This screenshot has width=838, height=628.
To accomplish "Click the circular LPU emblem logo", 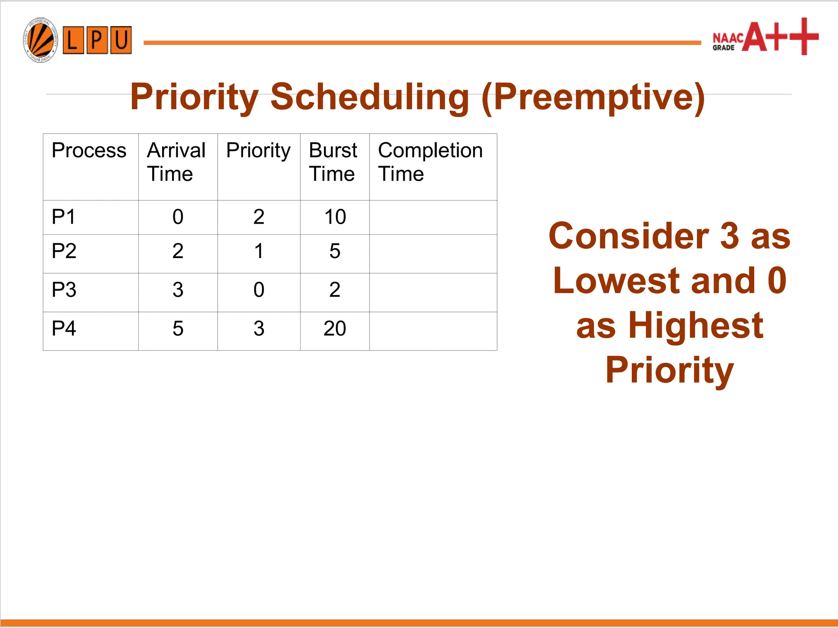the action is pyautogui.click(x=40, y=40).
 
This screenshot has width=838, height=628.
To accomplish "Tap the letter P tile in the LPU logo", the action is pyautogui.click(x=97, y=40).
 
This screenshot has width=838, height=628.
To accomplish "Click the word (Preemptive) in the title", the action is pyautogui.click(x=593, y=97).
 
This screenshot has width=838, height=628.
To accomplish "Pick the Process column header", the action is pyautogui.click(x=89, y=150).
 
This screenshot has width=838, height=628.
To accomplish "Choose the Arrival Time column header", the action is pyautogui.click(x=176, y=162).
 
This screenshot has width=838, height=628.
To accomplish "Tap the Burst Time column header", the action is pyautogui.click(x=333, y=162).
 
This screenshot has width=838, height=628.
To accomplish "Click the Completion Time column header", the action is pyautogui.click(x=430, y=162).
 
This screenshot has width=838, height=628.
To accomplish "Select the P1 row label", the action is pyautogui.click(x=64, y=217).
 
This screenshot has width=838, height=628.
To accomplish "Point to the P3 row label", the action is pyautogui.click(x=64, y=290).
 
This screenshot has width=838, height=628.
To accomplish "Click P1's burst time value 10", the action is pyautogui.click(x=335, y=217).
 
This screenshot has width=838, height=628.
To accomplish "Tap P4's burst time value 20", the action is pyautogui.click(x=335, y=329).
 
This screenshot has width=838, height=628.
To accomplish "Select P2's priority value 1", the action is pyautogui.click(x=259, y=251).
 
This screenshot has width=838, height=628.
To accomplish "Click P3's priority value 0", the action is pyautogui.click(x=259, y=290).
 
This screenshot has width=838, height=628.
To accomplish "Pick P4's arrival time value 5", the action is pyautogui.click(x=178, y=329).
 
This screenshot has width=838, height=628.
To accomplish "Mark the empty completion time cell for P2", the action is pyautogui.click(x=433, y=253).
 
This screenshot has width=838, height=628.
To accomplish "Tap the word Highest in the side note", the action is pyautogui.click(x=695, y=325).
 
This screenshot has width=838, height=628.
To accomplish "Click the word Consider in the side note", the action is pyautogui.click(x=628, y=236).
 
